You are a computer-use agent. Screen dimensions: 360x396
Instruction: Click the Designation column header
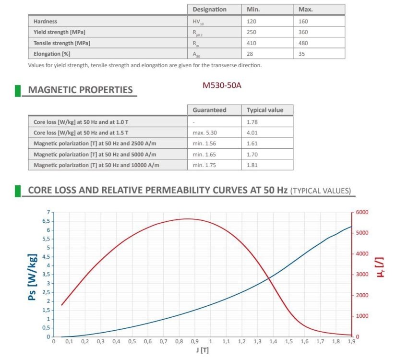209,10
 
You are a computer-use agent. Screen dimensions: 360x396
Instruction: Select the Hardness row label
46,22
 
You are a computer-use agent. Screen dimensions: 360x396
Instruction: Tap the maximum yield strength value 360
304,32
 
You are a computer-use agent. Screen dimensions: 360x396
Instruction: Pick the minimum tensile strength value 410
252,43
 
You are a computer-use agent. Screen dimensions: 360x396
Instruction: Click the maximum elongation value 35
301,54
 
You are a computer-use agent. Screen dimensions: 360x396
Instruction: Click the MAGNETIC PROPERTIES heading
80,90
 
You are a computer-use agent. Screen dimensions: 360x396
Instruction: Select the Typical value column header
264,110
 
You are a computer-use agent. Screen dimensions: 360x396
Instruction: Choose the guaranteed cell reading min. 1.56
204,143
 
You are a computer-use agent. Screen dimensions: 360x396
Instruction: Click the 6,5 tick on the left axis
46,221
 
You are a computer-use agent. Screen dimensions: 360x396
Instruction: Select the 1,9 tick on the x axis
351,341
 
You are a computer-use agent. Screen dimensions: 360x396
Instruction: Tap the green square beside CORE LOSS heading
18,191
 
